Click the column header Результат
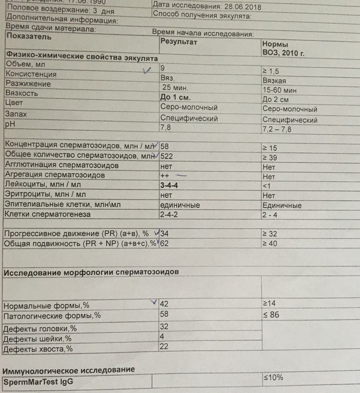click(x=179, y=41)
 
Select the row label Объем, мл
click(x=26, y=65)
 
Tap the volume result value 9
click(x=163, y=67)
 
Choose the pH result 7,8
click(x=165, y=127)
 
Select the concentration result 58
click(x=165, y=146)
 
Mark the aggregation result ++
click(x=166, y=176)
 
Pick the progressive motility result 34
click(x=166, y=233)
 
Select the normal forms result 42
click(x=164, y=304)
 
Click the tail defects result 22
click(x=164, y=347)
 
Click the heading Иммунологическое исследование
click(x=69, y=369)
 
